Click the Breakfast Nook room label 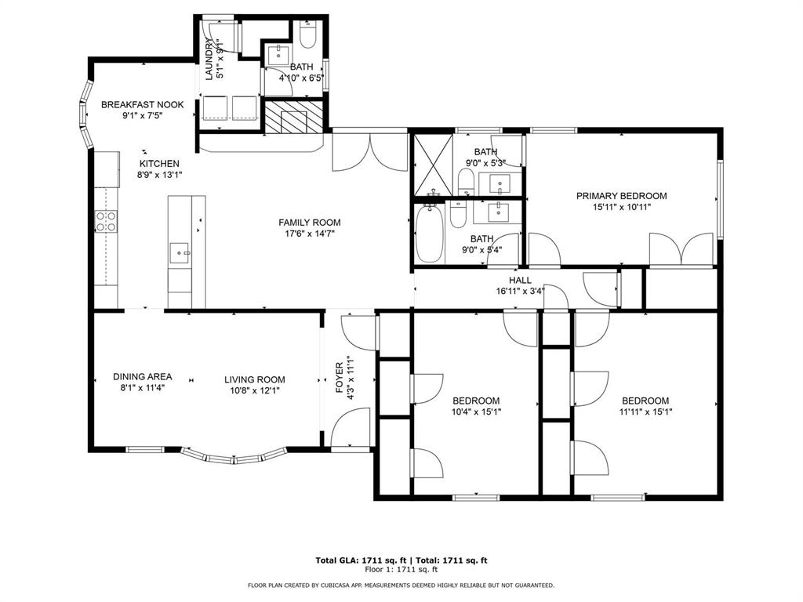[143, 104]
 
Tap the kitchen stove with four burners [106, 220]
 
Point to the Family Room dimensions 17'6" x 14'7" [309, 234]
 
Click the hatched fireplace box [293, 116]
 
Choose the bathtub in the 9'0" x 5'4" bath [429, 234]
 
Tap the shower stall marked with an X [433, 165]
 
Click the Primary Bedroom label [621, 195]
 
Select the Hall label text [520, 280]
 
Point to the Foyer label [339, 378]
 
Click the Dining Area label [143, 376]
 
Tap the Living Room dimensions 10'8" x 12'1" [255, 390]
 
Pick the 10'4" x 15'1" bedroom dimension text [476, 412]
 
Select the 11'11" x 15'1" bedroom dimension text [645, 412]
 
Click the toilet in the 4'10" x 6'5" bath [307, 34]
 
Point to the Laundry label [209, 60]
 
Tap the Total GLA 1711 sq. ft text [362, 560]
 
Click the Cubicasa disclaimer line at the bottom [401, 585]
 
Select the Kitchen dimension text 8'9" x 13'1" [160, 175]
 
